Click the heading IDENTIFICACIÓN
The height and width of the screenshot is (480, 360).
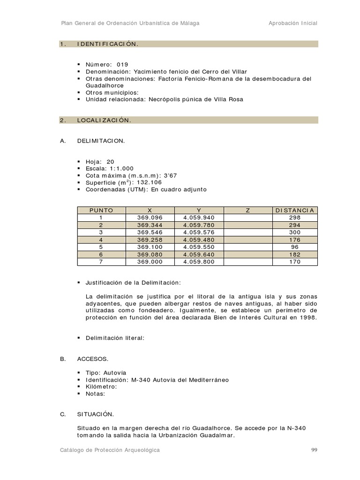pyautogui.click(x=107, y=44)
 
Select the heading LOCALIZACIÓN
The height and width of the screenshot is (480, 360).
pyautogui.click(x=104, y=120)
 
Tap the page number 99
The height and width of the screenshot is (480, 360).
pyautogui.click(x=314, y=450)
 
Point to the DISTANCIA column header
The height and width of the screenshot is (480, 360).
pyautogui.click(x=295, y=210)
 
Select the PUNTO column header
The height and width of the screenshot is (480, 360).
pyautogui.click(x=101, y=210)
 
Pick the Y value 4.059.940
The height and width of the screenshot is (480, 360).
pyautogui.click(x=198, y=217)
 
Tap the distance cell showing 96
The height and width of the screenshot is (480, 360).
pyautogui.click(x=295, y=247)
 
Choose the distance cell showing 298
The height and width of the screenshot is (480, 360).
pyautogui.click(x=295, y=217)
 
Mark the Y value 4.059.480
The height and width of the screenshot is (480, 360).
pyautogui.click(x=198, y=240)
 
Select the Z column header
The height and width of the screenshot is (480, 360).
pyautogui.click(x=248, y=210)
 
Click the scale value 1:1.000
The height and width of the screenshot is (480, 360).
pyautogui.click(x=121, y=168)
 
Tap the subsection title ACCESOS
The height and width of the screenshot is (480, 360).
pyautogui.click(x=92, y=359)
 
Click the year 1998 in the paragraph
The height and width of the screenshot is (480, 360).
pyautogui.click(x=309, y=317)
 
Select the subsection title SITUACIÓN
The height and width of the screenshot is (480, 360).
pyautogui.click(x=96, y=414)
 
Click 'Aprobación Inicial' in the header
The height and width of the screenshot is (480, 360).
pyautogui.click(x=292, y=23)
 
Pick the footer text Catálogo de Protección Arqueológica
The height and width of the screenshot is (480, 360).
pyautogui.click(x=110, y=450)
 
